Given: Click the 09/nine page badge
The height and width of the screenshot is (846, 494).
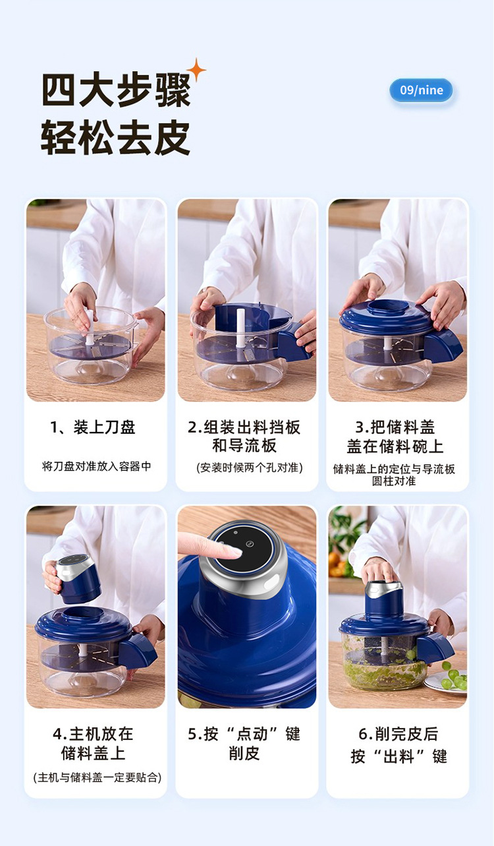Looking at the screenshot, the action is (421, 90).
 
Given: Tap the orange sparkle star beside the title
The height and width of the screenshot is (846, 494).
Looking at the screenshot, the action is (197, 69).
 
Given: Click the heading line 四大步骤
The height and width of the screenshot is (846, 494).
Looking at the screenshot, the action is (116, 90).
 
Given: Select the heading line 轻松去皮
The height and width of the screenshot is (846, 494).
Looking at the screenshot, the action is (115, 137).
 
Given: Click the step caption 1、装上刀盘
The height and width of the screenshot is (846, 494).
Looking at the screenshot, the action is (93, 427).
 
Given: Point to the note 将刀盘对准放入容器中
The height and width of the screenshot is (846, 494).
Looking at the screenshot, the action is (96, 466).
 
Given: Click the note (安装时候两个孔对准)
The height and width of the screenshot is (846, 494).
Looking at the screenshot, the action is (250, 468).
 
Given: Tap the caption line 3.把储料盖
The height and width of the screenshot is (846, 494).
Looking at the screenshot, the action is (395, 427).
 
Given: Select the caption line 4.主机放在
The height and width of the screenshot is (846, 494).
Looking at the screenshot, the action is (93, 734).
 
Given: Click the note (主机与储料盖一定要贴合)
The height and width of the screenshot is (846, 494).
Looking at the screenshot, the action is (97, 777).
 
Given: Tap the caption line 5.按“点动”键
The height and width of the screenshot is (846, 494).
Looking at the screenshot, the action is (244, 734).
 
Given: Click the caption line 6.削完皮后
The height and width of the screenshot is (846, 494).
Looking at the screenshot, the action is (398, 734).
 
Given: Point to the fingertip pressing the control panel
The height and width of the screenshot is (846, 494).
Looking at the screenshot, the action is (236, 552).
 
